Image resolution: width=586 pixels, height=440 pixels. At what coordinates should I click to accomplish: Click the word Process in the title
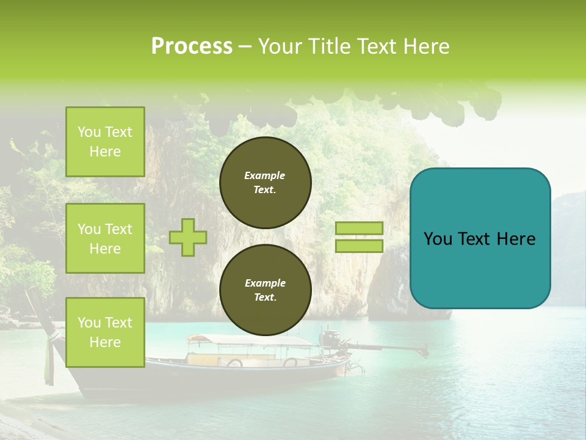192,46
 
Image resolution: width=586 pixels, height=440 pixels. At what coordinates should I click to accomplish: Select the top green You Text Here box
105,142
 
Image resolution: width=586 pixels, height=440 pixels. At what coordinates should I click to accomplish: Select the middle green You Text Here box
105,238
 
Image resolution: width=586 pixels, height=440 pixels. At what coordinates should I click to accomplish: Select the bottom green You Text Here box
105,332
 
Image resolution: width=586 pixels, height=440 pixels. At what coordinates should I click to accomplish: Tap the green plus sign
188,237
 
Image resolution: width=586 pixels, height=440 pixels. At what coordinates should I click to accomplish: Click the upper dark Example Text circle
265,183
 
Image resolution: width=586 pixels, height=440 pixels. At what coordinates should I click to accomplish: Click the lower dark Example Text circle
265,290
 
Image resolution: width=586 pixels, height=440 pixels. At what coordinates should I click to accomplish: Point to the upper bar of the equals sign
359,228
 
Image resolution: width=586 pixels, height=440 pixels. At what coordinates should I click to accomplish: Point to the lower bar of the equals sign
359,246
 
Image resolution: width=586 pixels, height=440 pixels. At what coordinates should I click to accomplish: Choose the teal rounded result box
480,238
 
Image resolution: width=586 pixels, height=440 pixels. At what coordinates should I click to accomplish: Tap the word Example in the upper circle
265,175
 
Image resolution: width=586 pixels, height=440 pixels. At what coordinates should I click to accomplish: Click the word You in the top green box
89,132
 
